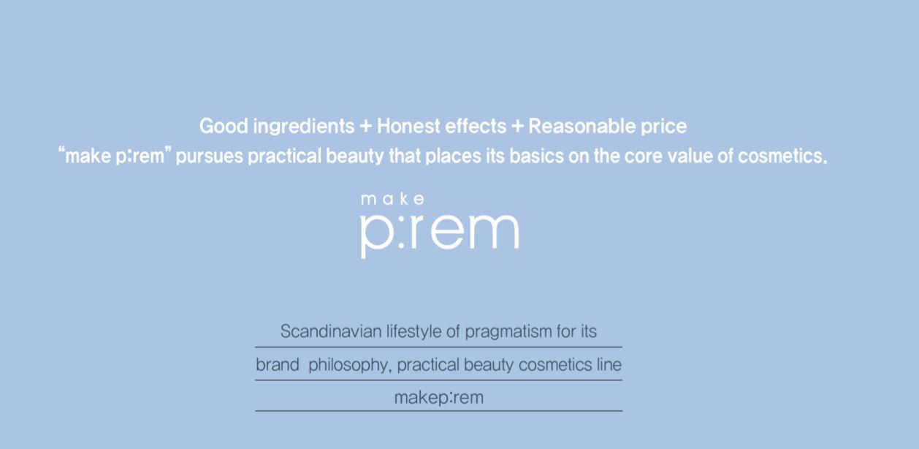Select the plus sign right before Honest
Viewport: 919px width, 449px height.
pyautogui.click(x=365, y=127)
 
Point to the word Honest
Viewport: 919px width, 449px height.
pyautogui.click(x=408, y=126)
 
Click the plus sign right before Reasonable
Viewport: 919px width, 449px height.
pyautogui.click(x=517, y=127)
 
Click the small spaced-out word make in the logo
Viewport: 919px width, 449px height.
pyautogui.click(x=392, y=199)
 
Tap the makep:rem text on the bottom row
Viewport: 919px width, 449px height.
pyautogui.click(x=439, y=398)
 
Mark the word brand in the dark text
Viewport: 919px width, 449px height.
pyautogui.click(x=278, y=364)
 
